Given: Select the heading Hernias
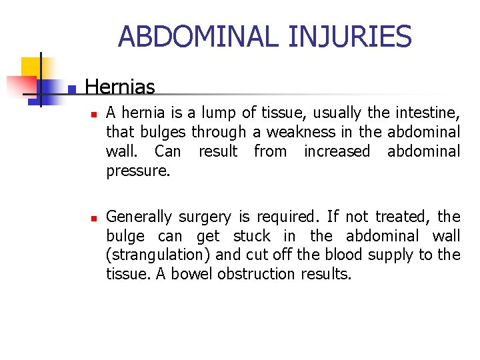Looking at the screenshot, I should pos(120,87).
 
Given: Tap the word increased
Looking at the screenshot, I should pos(337,151).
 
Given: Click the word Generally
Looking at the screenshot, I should pos(139,217).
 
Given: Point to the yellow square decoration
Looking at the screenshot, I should pos(31,67).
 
